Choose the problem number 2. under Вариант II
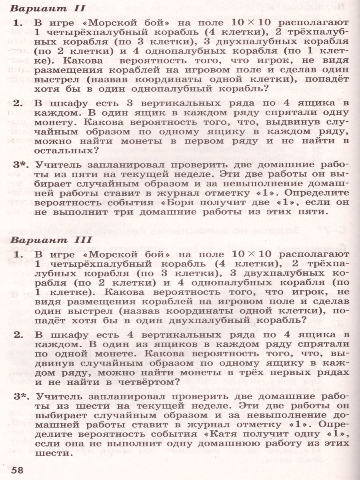point(17,103)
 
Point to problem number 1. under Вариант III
point(17,254)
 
